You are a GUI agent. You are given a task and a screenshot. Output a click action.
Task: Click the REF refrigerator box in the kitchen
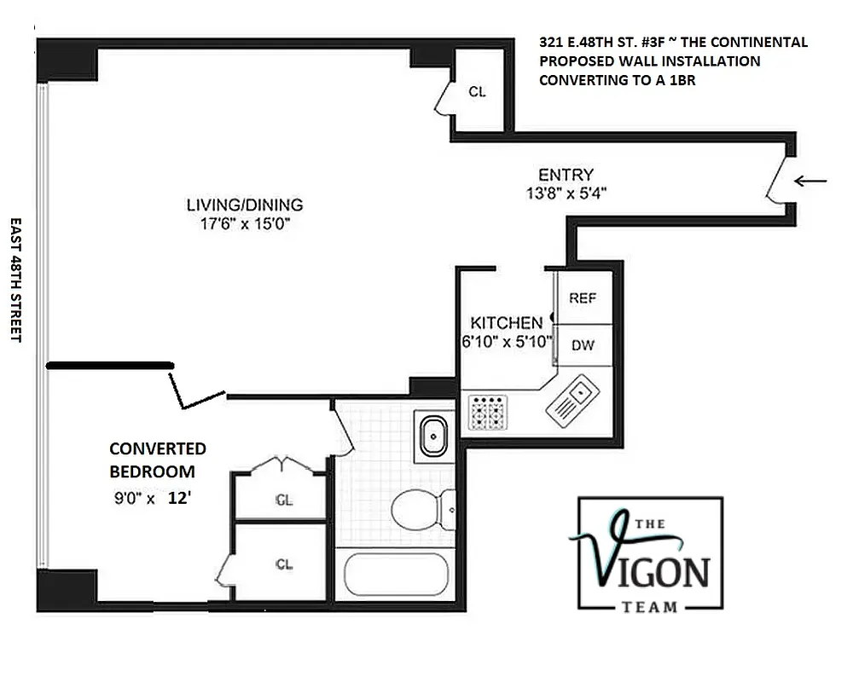pyautogui.click(x=583, y=298)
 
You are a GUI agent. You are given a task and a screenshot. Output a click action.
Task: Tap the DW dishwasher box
pyautogui.click(x=583, y=346)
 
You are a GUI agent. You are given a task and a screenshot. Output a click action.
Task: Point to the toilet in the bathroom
pyautogui.click(x=424, y=510)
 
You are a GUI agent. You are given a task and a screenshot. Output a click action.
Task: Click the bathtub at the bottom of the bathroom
pyautogui.click(x=395, y=576)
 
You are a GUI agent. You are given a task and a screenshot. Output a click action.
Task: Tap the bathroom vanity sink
pyautogui.click(x=434, y=436)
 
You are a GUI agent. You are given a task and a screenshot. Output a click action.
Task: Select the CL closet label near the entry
pyautogui.click(x=477, y=92)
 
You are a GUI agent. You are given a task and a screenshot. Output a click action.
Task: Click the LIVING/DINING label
pyautogui.click(x=245, y=205)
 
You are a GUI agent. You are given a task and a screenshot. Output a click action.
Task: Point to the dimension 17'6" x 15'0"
pyautogui.click(x=245, y=224)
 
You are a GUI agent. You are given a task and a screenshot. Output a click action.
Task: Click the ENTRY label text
pyautogui.click(x=566, y=176)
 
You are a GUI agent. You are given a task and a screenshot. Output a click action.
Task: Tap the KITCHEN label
pyautogui.click(x=507, y=323)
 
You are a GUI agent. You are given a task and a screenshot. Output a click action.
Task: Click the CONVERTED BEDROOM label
pyautogui.click(x=157, y=459)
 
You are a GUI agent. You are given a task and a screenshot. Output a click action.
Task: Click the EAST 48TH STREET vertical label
pyautogui.click(x=15, y=279)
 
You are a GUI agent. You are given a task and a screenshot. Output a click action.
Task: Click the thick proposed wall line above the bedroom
pyautogui.click(x=110, y=366)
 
